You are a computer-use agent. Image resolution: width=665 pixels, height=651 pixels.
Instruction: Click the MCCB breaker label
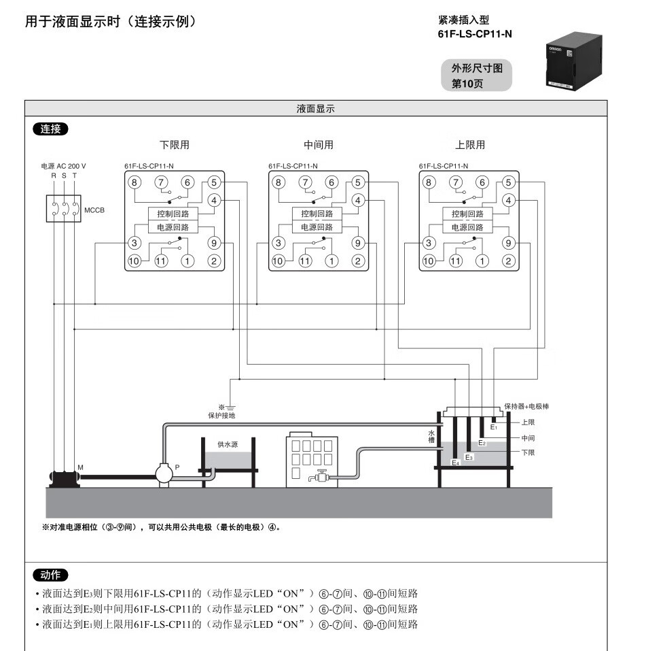[94, 210]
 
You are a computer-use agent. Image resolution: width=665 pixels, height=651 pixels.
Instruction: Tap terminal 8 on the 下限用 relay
[134, 182]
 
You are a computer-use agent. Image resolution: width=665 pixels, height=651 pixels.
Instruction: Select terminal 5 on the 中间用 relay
[358, 182]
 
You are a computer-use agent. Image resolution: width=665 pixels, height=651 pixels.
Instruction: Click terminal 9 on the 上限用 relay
[509, 243]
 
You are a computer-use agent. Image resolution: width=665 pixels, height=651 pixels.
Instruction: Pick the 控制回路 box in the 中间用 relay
[317, 214]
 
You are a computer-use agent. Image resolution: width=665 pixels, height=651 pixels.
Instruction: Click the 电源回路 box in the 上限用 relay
[468, 227]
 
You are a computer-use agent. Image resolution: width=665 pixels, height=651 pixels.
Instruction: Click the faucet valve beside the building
[319, 478]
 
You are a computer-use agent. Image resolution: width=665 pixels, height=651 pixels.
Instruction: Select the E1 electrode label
[494, 427]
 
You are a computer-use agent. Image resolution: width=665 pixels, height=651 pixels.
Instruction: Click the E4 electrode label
[456, 463]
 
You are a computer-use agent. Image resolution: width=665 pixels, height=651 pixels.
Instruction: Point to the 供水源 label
[228, 444]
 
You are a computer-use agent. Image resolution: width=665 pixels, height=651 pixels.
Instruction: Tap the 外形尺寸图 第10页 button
[477, 76]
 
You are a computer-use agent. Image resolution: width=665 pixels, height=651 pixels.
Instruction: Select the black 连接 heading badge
[50, 129]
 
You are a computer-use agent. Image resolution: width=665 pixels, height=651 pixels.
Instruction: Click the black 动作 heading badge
[50, 575]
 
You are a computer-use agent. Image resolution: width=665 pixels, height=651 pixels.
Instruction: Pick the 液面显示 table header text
[316, 109]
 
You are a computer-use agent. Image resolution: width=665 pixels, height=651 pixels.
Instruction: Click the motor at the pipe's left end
[63, 477]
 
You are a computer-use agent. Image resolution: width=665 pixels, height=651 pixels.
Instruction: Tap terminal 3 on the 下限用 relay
[134, 243]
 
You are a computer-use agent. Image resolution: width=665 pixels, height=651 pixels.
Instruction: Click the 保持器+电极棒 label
[526, 406]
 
